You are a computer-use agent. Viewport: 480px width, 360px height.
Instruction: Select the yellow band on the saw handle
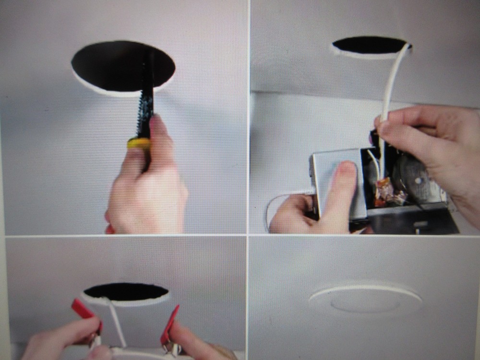coord(138,143)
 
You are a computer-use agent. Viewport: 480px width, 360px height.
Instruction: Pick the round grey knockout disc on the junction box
coord(415,180)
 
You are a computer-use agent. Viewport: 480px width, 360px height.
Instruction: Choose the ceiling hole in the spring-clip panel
coord(126,292)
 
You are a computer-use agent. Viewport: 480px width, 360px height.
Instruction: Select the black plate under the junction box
coord(413,223)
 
